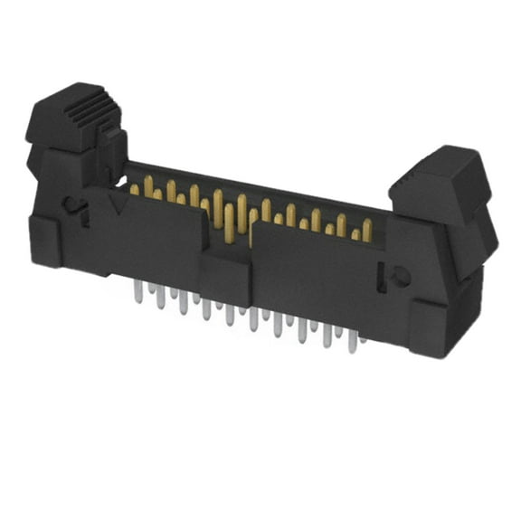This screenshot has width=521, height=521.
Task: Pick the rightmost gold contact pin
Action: (x=367, y=229)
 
